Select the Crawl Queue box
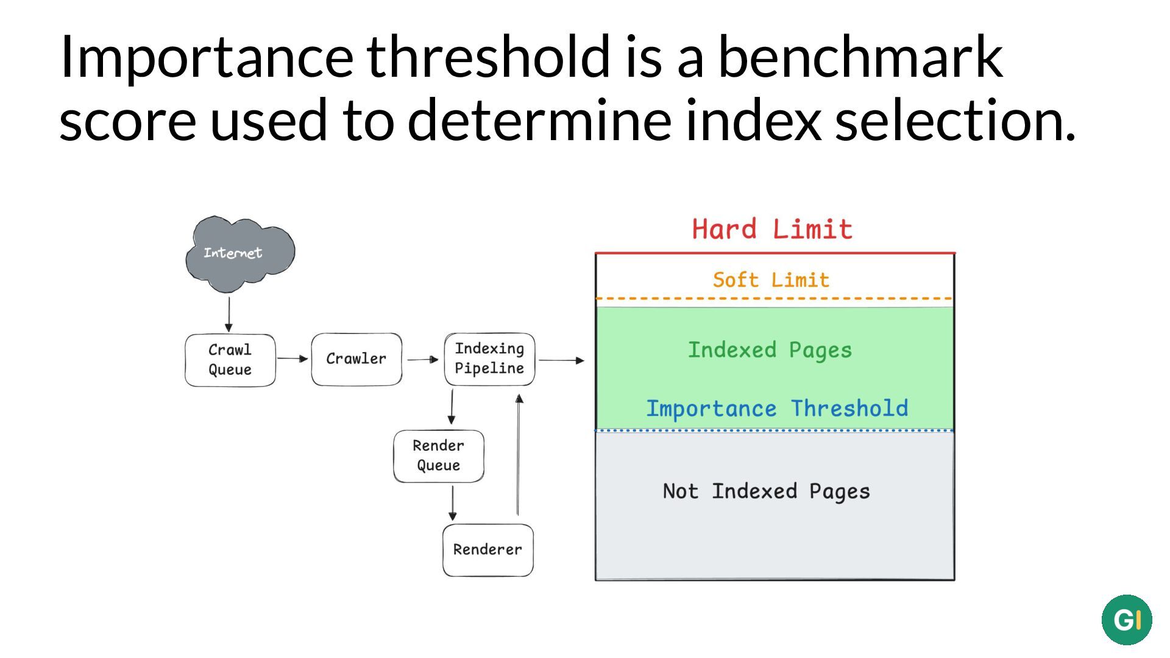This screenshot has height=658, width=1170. [230, 359]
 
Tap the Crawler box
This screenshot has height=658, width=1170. [356, 359]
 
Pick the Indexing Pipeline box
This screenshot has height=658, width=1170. [489, 359]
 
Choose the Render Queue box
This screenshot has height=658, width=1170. [439, 456]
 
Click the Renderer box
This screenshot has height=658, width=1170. [488, 550]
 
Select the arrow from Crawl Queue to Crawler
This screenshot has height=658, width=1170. [293, 359]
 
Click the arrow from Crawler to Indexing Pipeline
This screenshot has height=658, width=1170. [423, 359]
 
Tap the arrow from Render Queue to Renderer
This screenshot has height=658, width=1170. [452, 503]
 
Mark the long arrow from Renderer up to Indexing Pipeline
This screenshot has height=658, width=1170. [519, 455]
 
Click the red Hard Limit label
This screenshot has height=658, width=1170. [772, 229]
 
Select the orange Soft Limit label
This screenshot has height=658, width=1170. [771, 280]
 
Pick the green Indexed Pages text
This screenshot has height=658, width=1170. [770, 350]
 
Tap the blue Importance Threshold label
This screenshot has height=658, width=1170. [777, 408]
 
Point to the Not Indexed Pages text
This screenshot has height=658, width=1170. [766, 491]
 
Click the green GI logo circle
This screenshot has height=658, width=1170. [1127, 620]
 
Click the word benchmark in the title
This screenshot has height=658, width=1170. [860, 56]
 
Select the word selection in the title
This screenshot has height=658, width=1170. [955, 119]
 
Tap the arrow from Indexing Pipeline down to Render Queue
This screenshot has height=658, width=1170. [452, 407]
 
